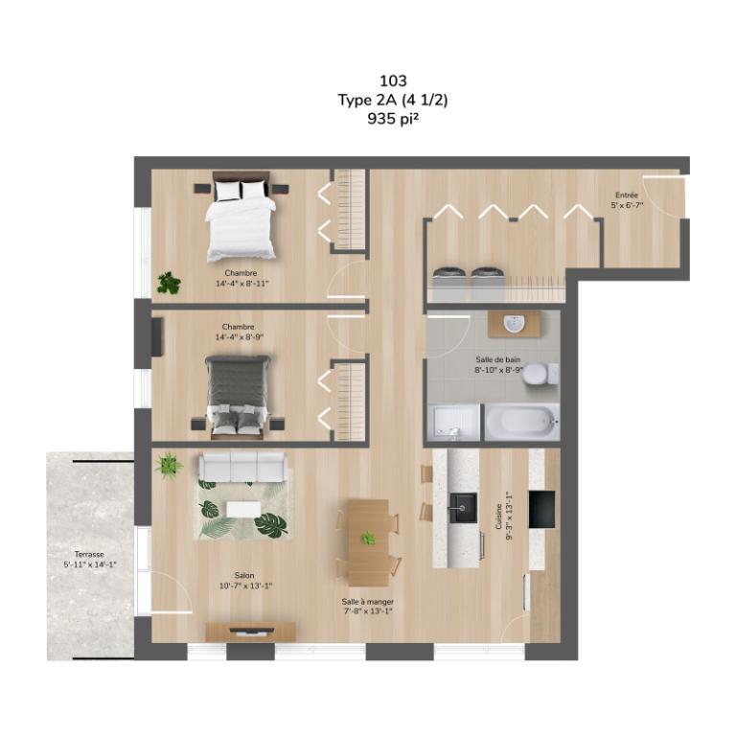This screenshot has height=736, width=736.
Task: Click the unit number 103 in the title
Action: (x=393, y=80)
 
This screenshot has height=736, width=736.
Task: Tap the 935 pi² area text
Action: (x=393, y=119)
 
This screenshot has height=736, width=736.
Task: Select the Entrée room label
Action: (x=627, y=195)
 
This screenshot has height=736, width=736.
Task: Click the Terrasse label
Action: (x=89, y=554)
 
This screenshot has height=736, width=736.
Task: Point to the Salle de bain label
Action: (x=498, y=359)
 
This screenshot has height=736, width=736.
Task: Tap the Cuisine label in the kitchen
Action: (x=499, y=517)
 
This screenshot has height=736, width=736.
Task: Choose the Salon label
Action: (x=244, y=575)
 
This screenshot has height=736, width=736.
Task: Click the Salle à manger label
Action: (x=368, y=602)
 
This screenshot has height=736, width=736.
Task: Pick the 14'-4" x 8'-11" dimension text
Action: (x=241, y=284)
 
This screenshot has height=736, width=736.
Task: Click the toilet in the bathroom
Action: (x=540, y=375)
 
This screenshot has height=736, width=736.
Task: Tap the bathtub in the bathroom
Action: (x=521, y=422)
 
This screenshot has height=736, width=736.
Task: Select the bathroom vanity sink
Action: (x=516, y=323)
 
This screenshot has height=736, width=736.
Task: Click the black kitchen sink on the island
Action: (x=463, y=507)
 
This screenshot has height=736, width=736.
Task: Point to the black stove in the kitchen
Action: (x=541, y=509)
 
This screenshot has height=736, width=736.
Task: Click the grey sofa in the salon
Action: (x=242, y=467)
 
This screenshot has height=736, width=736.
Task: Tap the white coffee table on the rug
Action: (x=243, y=509)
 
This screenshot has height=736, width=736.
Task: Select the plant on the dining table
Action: (x=368, y=538)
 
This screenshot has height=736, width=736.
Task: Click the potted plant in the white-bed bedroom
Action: (x=169, y=283)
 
